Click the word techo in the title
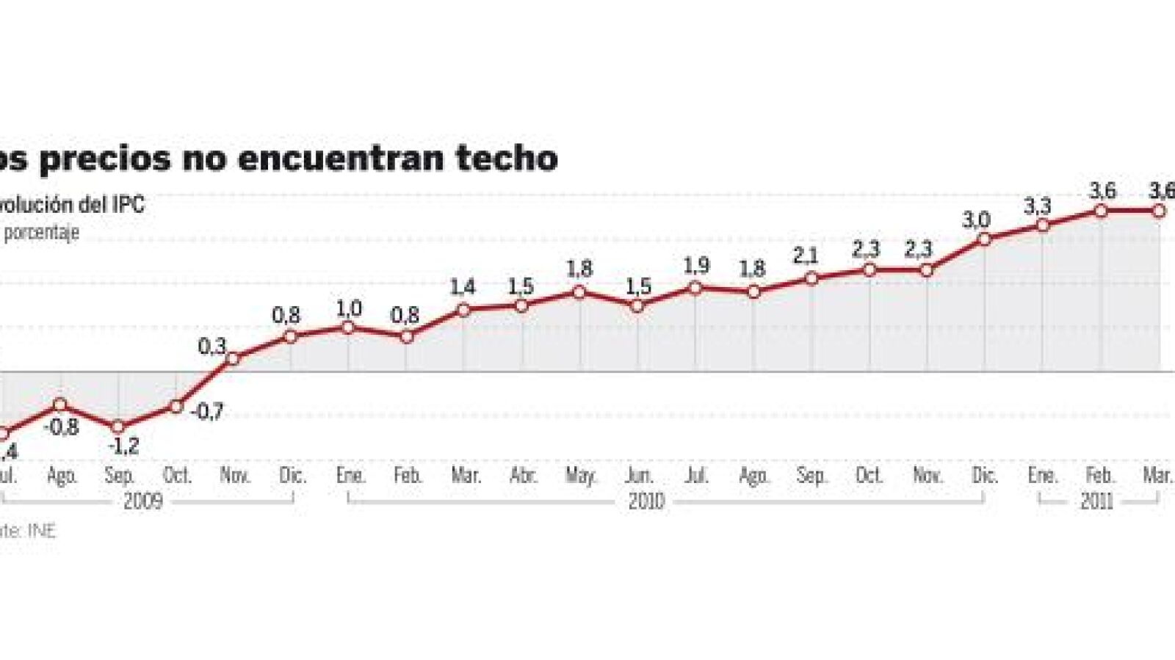point(506,158)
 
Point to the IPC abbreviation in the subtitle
point(129,204)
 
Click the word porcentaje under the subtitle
point(42,233)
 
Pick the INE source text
point(41,530)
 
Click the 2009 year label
point(142,501)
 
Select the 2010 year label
point(646,501)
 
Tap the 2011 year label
point(1096,501)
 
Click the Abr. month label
point(523,476)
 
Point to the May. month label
point(580,476)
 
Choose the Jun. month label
point(638,476)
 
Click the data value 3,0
point(976,220)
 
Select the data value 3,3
point(1037,207)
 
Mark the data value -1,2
point(123,446)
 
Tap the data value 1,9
point(696,266)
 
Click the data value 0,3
point(211,346)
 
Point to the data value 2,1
point(806,256)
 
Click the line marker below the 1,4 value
point(463,310)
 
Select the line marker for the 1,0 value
point(348,327)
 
